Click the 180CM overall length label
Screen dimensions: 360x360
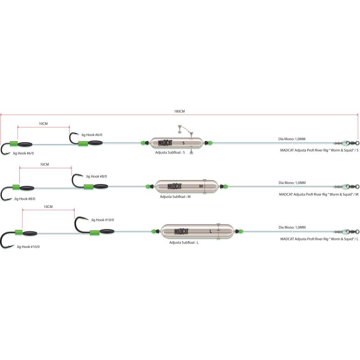coord(179,111)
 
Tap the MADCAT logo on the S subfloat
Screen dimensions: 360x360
coord(165,143)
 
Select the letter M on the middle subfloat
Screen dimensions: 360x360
coord(201,186)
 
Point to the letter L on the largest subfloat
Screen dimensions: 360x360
coord(211,231)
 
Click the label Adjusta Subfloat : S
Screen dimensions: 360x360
coord(170,153)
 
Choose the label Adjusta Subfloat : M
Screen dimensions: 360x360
coord(175,197)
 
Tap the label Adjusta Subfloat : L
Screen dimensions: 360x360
coord(184,243)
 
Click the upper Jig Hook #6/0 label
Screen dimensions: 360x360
coord(92,135)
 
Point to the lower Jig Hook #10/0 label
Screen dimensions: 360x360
coord(28,247)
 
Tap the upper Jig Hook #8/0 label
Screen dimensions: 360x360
coord(96,176)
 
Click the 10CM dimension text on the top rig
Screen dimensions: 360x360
coord(43,124)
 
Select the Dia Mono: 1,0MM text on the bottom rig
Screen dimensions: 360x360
coord(292,227)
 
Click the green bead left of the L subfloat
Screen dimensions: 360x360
coord(153,231)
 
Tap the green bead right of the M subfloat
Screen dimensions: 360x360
coord(225,186)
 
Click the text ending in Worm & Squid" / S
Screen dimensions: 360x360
coord(319,150)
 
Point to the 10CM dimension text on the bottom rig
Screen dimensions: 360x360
coord(48,207)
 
